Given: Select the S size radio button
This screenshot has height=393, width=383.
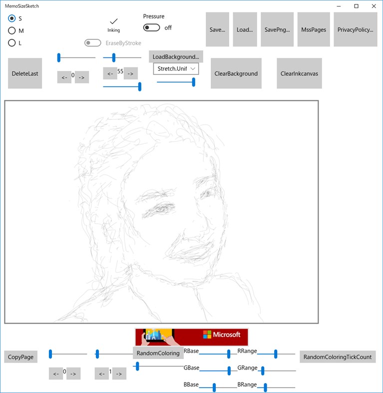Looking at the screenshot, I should (12, 18).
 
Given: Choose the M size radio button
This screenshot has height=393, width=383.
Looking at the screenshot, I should (12, 30).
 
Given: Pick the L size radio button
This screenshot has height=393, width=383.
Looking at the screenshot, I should (12, 43).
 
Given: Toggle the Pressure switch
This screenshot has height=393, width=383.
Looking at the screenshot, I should (152, 27).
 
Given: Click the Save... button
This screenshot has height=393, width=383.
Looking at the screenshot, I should (217, 29).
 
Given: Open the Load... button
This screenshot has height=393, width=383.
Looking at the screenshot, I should (245, 29).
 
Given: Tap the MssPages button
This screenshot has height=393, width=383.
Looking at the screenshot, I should (314, 29).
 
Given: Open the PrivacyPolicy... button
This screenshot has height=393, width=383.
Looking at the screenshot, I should (355, 29).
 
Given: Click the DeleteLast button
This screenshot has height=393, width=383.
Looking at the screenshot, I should (25, 73).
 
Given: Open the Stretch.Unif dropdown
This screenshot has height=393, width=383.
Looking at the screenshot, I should (176, 68).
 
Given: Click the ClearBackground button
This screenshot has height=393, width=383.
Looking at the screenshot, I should (236, 73).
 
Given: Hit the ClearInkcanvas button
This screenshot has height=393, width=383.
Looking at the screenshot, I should (299, 73).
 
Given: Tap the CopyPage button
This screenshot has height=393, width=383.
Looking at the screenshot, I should (21, 357).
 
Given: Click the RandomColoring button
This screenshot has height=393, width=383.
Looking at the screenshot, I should (158, 353).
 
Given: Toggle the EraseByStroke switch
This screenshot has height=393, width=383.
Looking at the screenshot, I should (93, 43).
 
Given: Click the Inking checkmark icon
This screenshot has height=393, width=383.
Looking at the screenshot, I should (113, 21).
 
